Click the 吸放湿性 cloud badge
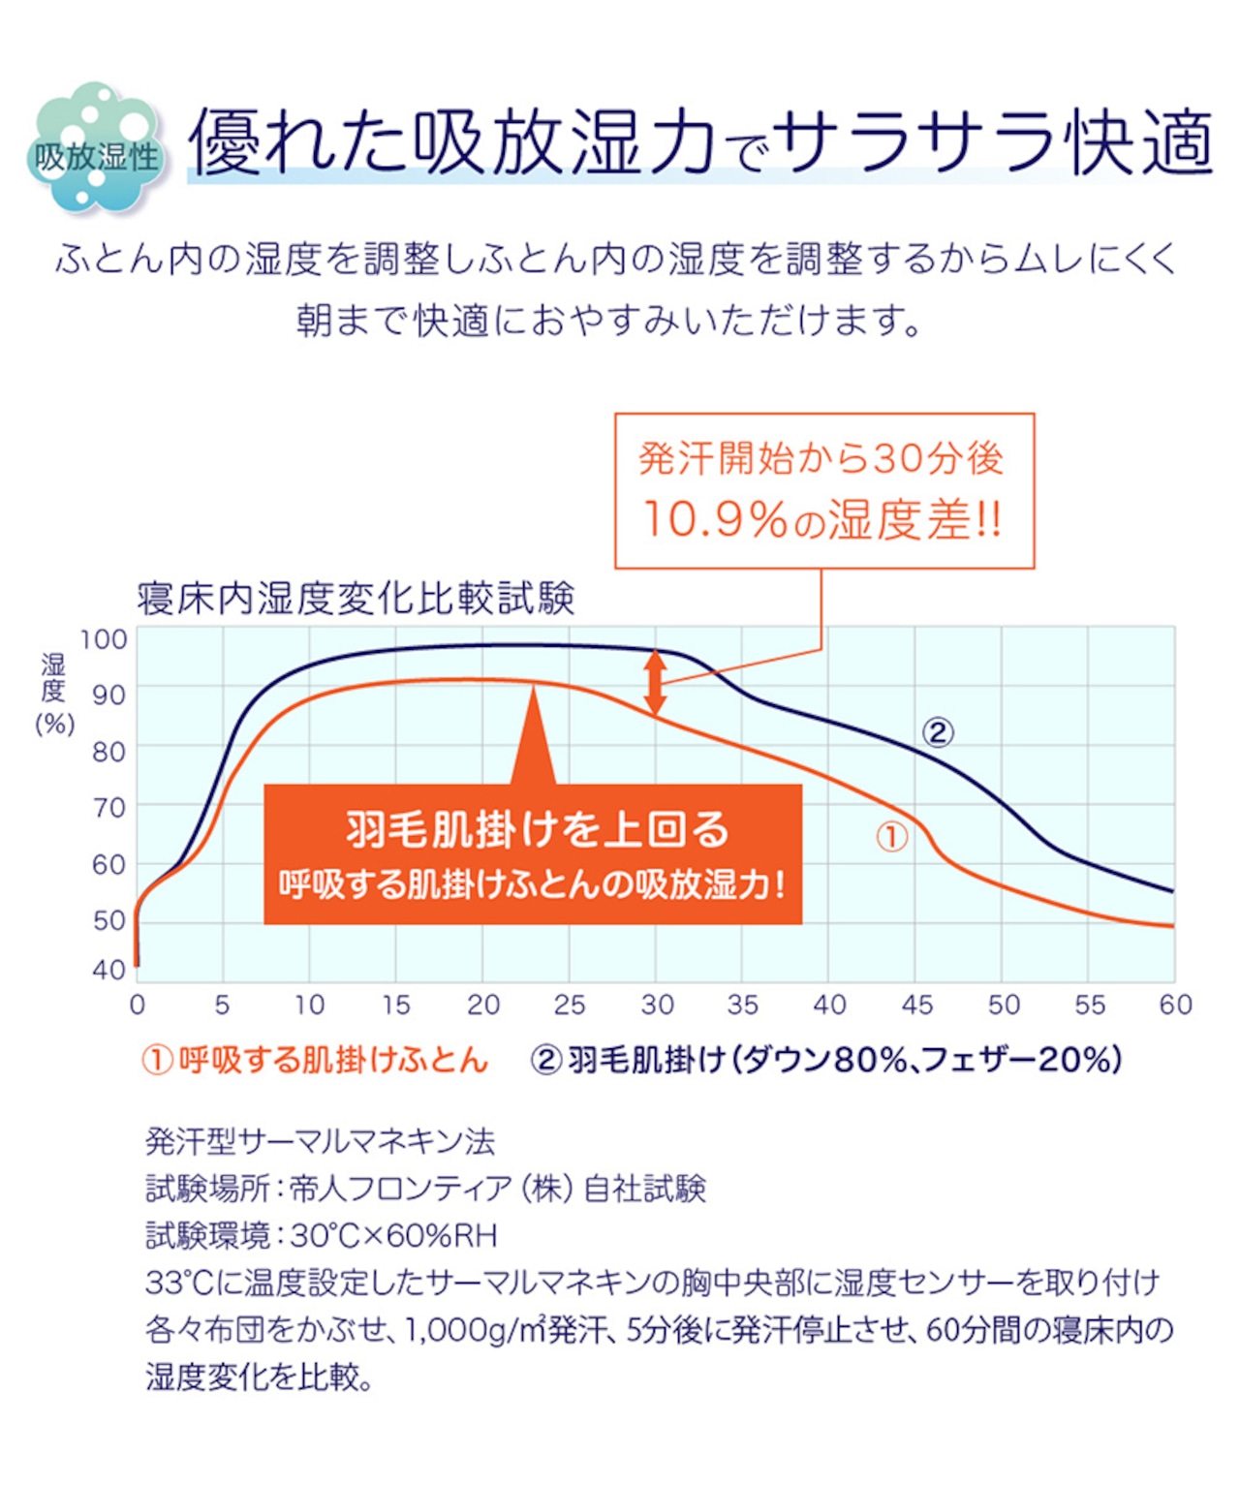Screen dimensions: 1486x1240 [x=95, y=150]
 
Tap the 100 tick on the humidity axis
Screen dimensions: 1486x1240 [x=104, y=639]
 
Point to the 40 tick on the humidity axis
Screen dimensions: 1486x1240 [x=108, y=969]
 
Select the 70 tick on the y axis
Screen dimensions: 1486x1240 [x=108, y=807]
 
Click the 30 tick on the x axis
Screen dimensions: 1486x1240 [x=657, y=1005]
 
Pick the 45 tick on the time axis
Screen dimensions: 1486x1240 [x=916, y=1005]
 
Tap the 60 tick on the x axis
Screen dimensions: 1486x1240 [x=1175, y=1005]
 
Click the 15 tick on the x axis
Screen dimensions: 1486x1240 [x=396, y=1005]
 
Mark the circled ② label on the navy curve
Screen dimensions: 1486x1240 [x=937, y=732]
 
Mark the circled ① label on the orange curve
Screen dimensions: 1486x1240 [x=892, y=837]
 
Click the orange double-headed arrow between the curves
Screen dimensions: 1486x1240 [x=656, y=682]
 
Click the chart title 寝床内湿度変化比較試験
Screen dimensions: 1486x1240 [x=356, y=599]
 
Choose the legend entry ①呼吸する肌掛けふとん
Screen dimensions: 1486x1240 [x=315, y=1060]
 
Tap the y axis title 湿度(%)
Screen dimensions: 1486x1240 [x=54, y=693]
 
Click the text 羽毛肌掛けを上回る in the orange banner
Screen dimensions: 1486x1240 [x=537, y=829]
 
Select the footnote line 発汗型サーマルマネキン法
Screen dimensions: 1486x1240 [x=321, y=1142]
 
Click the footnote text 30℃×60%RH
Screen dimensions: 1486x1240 [x=394, y=1236]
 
